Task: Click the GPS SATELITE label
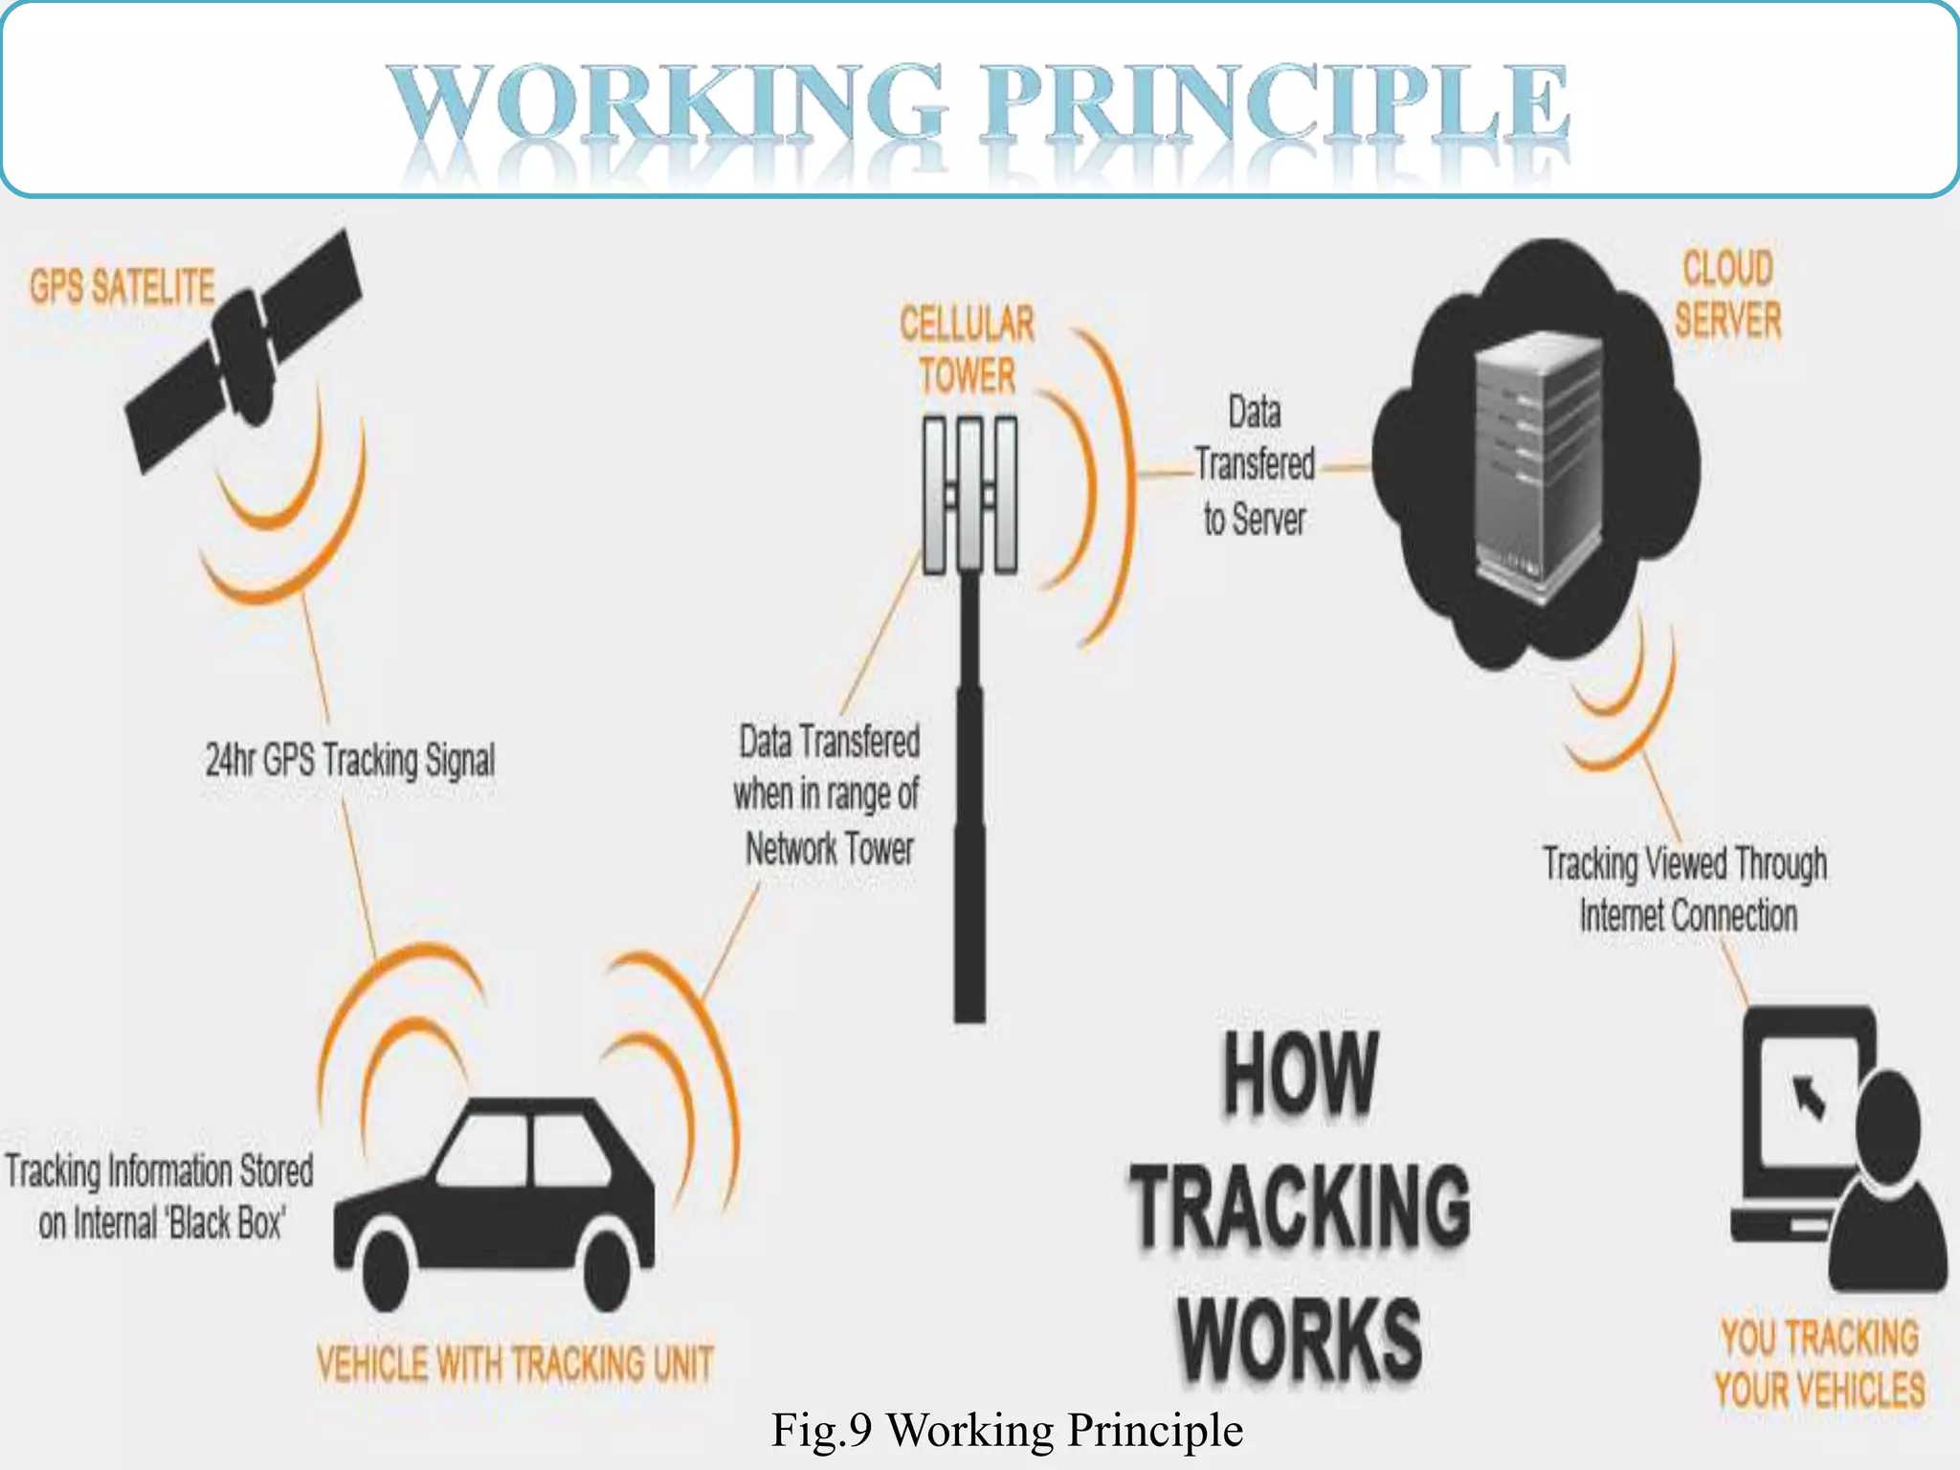click(x=122, y=286)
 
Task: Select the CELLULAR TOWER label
click(x=967, y=350)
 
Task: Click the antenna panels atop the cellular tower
click(x=969, y=494)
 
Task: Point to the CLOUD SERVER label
click(x=1727, y=294)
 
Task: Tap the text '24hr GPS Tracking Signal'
click(x=350, y=761)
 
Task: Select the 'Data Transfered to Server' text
click(x=1255, y=466)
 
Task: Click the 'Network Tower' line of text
click(x=830, y=849)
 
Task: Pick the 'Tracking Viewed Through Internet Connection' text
click(x=1686, y=889)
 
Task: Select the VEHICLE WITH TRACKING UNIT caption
click(x=515, y=1363)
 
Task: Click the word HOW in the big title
click(x=1301, y=1074)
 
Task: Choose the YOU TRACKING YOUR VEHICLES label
click(x=1819, y=1363)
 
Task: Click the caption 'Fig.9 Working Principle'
click(x=1007, y=1430)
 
